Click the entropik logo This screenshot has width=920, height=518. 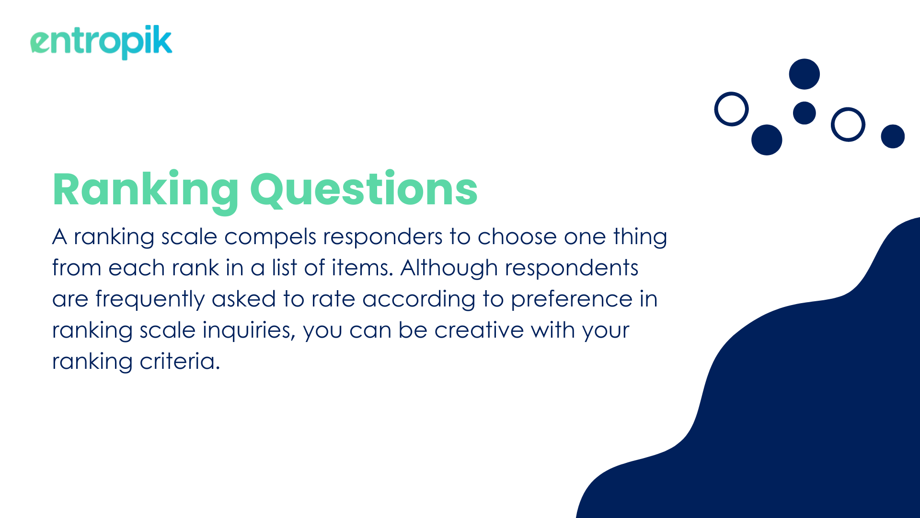(101, 42)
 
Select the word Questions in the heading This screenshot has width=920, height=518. (364, 190)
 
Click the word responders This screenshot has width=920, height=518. (383, 237)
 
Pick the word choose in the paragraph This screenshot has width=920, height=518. (517, 236)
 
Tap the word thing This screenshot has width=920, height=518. (640, 237)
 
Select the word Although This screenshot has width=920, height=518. (449, 268)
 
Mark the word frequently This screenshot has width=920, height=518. (150, 299)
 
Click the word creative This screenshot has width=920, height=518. (479, 330)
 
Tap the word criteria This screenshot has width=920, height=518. (180, 362)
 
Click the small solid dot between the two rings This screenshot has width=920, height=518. (805, 113)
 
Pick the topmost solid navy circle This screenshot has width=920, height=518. (805, 74)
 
